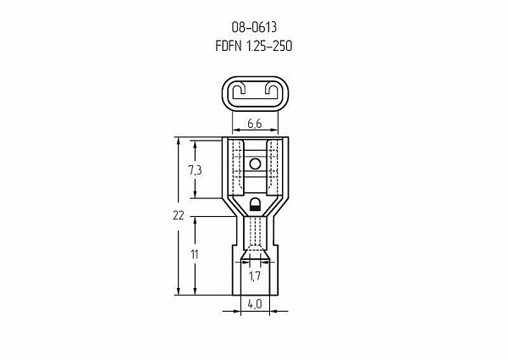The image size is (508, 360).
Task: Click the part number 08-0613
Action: [254, 28]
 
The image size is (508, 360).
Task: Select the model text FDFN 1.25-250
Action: [254, 46]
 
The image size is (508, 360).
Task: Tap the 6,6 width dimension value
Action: [255, 124]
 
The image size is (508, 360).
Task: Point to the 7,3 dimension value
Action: [195, 170]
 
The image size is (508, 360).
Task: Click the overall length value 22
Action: [178, 215]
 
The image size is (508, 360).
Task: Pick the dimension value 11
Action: [195, 255]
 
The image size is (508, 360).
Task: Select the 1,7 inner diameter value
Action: [255, 276]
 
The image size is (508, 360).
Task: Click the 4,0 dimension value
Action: [255, 304]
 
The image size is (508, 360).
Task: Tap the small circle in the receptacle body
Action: [256, 164]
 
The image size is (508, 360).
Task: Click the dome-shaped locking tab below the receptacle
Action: [256, 205]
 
